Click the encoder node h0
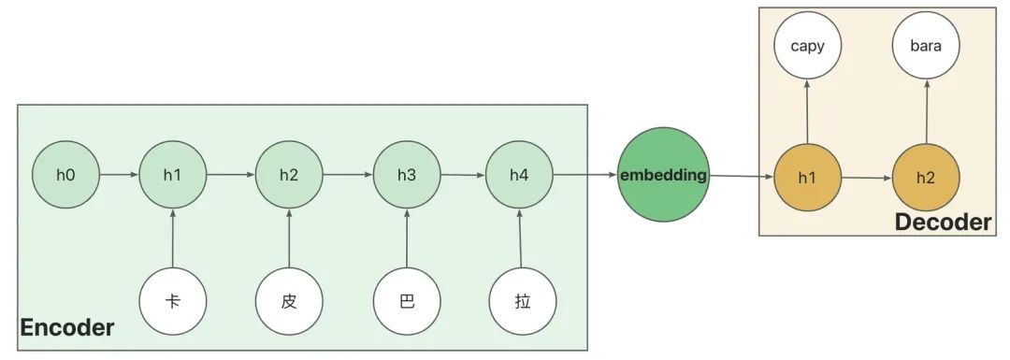click(x=65, y=175)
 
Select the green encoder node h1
click(x=173, y=175)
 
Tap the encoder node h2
click(x=289, y=175)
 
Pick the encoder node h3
click(x=407, y=175)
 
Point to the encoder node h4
click(x=520, y=175)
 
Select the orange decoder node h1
click(x=808, y=177)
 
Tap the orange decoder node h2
click(x=926, y=177)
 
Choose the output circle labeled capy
click(x=808, y=45)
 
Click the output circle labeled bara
click(x=926, y=45)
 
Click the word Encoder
click(x=67, y=328)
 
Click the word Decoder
click(x=943, y=222)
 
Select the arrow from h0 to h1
click(x=119, y=175)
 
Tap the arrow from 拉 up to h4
click(x=521, y=240)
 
